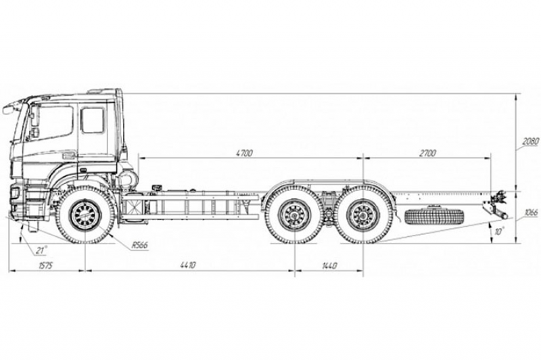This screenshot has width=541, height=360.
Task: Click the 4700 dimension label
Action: pos(244,154)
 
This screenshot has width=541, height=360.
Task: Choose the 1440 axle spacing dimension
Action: pos(328,265)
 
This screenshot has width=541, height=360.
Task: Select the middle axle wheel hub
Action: pos(293,217)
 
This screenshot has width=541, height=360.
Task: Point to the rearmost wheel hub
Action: pos(364,217)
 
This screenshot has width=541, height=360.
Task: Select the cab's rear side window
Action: pos(92,120)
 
